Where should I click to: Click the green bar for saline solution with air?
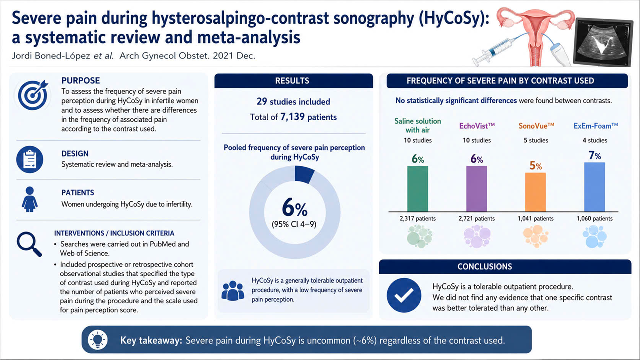tap(417, 189)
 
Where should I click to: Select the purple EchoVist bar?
tap(477, 189)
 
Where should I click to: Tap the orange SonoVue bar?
tap(535, 192)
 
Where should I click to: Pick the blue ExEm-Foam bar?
tap(595, 187)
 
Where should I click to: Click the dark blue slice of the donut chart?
tap(304, 174)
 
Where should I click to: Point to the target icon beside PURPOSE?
tap(33, 95)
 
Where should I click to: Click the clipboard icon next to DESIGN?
tap(30, 159)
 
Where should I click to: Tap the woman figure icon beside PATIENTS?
tap(30, 199)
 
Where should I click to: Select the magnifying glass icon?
tap(29, 244)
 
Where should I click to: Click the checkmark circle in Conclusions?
tap(404, 295)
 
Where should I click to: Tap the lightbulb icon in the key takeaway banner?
tap(98, 340)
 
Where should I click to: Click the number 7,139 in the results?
tap(292, 117)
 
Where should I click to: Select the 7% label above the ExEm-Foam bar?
tap(595, 155)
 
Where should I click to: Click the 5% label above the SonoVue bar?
tap(535, 165)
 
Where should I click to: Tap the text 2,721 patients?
tap(477, 219)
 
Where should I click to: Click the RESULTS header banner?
tap(293, 81)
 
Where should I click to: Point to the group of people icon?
tap(233, 291)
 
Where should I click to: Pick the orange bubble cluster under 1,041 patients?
tap(535, 236)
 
